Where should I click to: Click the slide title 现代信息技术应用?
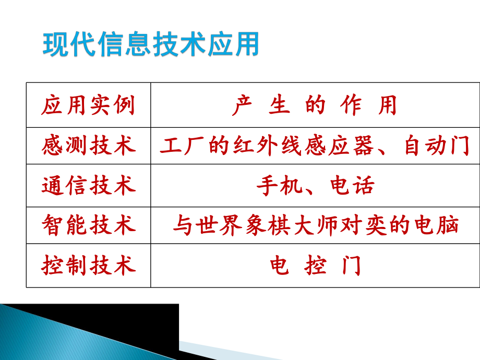point(151,44)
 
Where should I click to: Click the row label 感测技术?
point(88,146)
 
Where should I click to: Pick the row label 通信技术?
point(88,186)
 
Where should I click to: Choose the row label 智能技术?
point(88,225)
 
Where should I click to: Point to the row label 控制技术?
point(88,266)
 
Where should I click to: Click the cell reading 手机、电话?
point(315,186)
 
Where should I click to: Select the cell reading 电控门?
point(315,266)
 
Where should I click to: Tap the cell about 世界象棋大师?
point(315,225)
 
